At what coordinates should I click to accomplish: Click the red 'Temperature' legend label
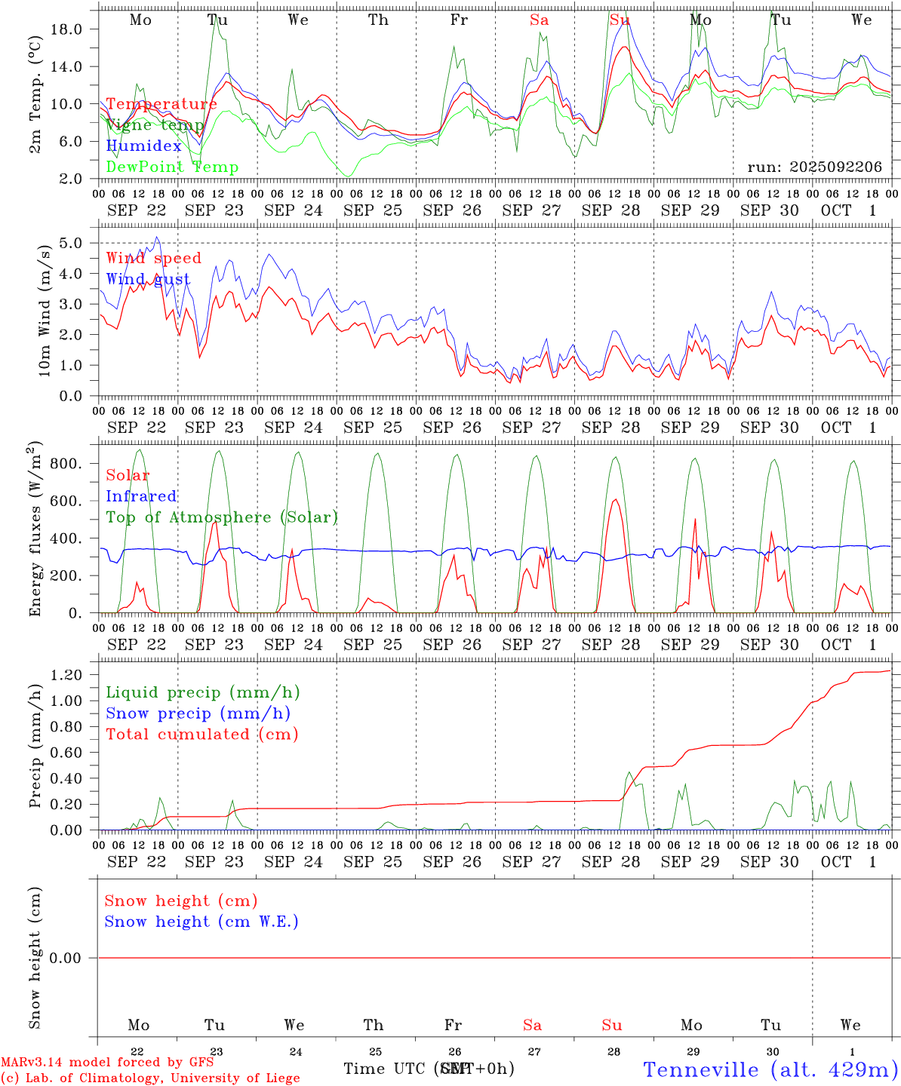coord(161,104)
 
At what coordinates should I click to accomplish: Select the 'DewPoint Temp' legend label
coord(172,167)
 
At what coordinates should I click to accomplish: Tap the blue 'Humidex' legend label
coord(143,146)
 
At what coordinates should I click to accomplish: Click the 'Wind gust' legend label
coord(148,279)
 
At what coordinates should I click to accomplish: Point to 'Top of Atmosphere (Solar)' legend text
coord(221,517)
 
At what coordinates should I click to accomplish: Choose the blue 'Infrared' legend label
coord(141,496)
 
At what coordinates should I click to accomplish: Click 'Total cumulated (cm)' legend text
coord(201,735)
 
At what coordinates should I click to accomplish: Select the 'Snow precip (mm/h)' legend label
coord(198,713)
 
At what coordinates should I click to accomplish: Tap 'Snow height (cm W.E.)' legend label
coord(201,922)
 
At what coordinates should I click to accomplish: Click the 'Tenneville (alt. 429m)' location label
coord(770,1069)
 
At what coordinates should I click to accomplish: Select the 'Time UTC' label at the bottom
coord(385,1069)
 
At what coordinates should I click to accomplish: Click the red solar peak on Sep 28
coord(616,499)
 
